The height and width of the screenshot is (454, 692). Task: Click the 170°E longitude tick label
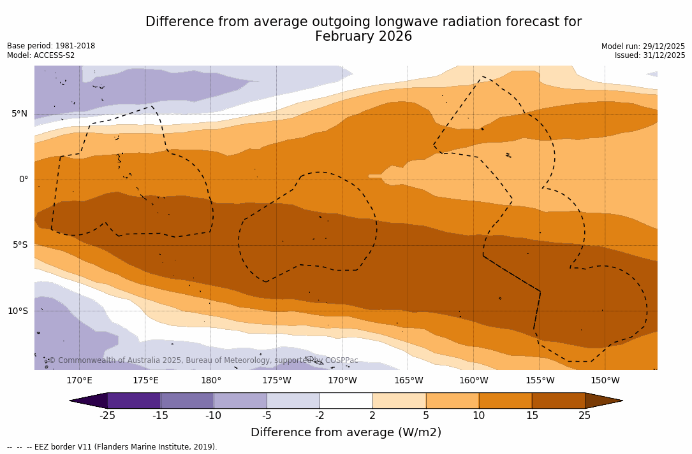pos(79,381)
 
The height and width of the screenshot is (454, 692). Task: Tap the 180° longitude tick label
pos(211,381)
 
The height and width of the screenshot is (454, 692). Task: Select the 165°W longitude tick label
pos(408,381)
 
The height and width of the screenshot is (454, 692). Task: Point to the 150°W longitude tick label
pos(605,381)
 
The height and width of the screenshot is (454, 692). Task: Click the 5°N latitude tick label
pos(19,114)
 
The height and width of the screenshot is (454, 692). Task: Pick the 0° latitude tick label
pos(23,180)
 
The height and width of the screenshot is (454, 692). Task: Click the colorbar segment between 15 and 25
pos(558,401)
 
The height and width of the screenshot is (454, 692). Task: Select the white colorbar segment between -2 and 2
pos(346,401)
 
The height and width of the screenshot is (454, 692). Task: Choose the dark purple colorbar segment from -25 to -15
pos(134,401)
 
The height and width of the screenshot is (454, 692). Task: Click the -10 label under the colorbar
pos(213,416)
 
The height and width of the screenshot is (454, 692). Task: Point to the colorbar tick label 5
pos(425,416)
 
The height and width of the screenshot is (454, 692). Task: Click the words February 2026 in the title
pos(364,37)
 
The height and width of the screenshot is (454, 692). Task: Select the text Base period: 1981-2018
pos(51,46)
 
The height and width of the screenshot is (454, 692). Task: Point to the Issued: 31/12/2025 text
pos(650,55)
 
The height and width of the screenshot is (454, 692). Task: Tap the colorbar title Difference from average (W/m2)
pos(346,432)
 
